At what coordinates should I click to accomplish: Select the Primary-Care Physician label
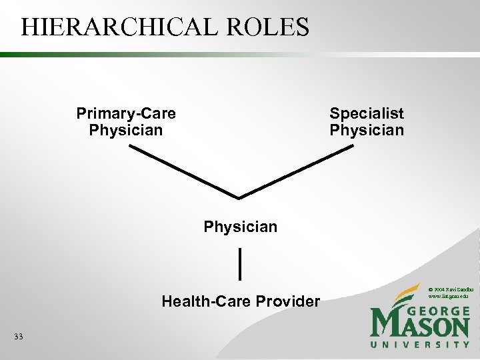tap(126, 121)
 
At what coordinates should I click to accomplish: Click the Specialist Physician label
tap(367, 121)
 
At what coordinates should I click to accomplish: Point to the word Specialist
tap(367, 113)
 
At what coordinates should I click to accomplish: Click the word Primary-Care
tap(126, 113)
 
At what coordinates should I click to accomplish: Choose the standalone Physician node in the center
tap(240, 227)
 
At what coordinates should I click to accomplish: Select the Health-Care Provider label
tap(240, 301)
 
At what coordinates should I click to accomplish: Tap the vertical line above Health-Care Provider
tap(239, 263)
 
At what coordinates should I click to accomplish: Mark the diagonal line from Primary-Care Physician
tap(183, 171)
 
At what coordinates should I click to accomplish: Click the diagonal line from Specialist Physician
tap(297, 171)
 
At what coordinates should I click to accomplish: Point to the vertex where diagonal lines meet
tap(239, 197)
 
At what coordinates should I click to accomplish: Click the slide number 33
tap(18, 337)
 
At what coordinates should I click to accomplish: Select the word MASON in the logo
tap(420, 326)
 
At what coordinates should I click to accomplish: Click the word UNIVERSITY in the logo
tap(420, 345)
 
